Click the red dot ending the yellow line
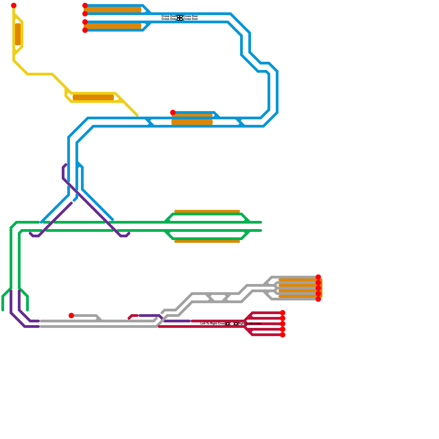click(x=14, y=5)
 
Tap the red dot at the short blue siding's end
click(x=173, y=112)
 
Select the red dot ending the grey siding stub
click(x=71, y=316)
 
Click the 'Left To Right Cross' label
click(x=213, y=324)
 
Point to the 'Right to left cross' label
click(x=250, y=324)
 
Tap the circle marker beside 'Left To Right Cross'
click(x=228, y=324)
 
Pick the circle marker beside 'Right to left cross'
click(x=236, y=324)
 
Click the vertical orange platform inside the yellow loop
click(x=18, y=34)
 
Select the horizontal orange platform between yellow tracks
click(x=93, y=97)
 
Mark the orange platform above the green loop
click(x=207, y=211)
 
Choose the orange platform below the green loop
click(x=207, y=241)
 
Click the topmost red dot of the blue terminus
click(x=85, y=5)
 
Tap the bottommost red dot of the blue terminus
click(x=85, y=30)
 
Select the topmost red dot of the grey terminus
click(x=318, y=277)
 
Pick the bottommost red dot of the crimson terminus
click(x=283, y=335)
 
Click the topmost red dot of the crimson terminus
click(x=283, y=313)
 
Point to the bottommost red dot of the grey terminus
click(x=318, y=299)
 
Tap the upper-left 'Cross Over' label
click(x=169, y=16)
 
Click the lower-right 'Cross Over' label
click(x=191, y=19)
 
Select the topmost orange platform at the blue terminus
click(x=112, y=10)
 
